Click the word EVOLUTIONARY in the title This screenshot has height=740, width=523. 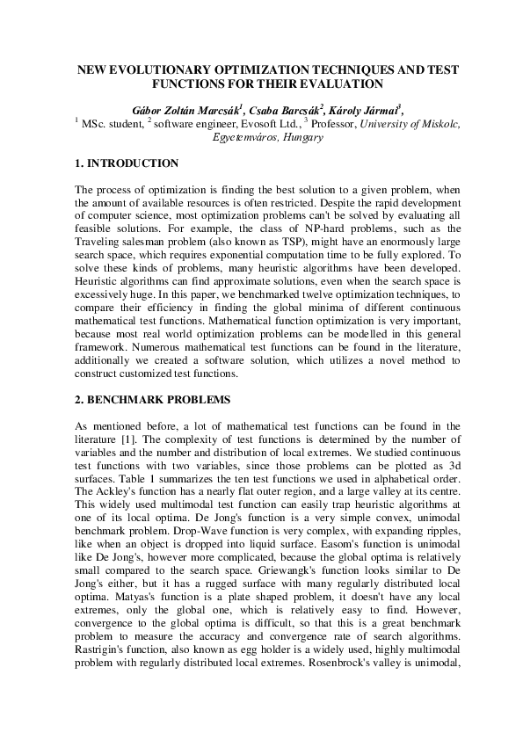point(150,69)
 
